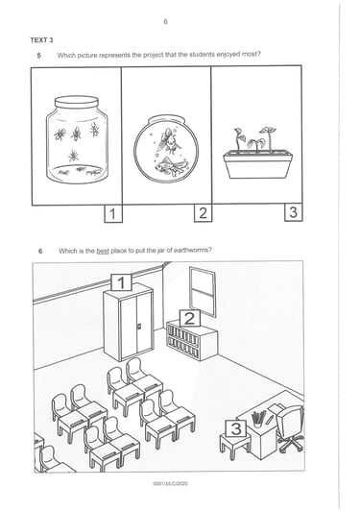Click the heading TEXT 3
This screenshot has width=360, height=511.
click(41, 40)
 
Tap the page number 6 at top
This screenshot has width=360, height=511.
click(165, 22)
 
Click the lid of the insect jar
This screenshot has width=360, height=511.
click(76, 102)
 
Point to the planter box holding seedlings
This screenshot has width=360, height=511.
click(257, 164)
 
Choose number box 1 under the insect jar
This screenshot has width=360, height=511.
click(113, 214)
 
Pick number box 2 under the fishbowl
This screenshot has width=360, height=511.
click(203, 213)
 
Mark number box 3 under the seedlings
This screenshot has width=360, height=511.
click(293, 212)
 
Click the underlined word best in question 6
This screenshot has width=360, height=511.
click(103, 251)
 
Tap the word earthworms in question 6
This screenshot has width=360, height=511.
click(192, 250)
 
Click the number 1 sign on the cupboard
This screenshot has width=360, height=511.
click(121, 282)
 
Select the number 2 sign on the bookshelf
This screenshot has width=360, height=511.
click(190, 318)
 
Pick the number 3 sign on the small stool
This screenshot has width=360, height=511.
click(236, 428)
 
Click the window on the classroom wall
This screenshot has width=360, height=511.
click(203, 292)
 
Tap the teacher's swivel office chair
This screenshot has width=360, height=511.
click(290, 427)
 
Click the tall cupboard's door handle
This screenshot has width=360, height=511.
click(140, 326)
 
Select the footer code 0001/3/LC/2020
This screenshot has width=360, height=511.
click(170, 483)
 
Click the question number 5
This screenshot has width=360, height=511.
click(38, 55)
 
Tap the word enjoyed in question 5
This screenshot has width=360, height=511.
click(229, 55)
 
